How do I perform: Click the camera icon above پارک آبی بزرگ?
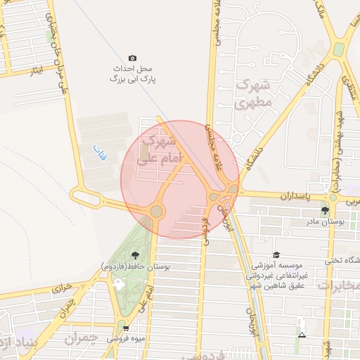click(x=132, y=58)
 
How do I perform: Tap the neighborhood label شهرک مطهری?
click(x=257, y=92)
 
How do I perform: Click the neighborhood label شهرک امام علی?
click(x=161, y=151)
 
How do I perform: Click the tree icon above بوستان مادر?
click(x=324, y=210)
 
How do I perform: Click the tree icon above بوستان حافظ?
click(x=134, y=255)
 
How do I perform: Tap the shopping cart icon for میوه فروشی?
click(x=125, y=328)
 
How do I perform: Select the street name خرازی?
click(x=63, y=288)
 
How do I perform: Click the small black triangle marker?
click(x=302, y=335)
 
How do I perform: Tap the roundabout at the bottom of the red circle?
click(x=156, y=211)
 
